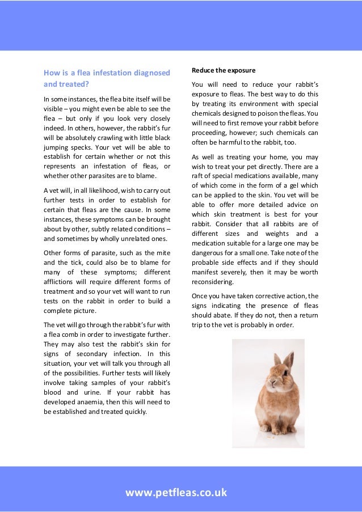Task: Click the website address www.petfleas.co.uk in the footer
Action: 176,492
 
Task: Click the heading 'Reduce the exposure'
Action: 224,70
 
